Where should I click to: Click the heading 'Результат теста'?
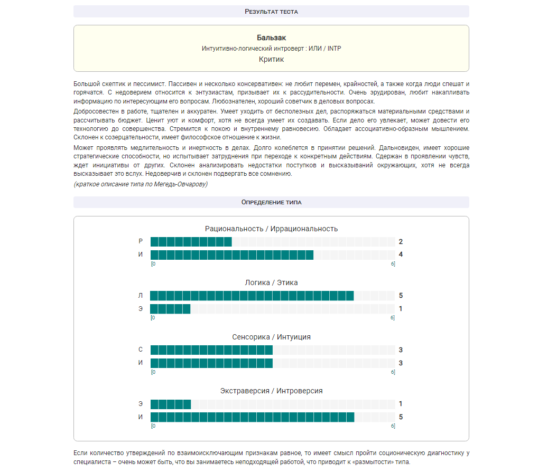click(x=271, y=11)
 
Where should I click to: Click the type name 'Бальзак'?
click(x=271, y=37)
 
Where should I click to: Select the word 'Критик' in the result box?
click(x=271, y=59)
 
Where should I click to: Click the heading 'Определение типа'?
click(x=271, y=202)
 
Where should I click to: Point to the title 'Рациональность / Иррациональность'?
click(x=271, y=229)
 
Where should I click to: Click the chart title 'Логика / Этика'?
click(x=271, y=282)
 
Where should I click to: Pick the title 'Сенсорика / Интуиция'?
click(x=271, y=337)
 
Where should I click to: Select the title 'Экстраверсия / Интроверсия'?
click(x=271, y=391)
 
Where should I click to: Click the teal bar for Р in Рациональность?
click(x=191, y=242)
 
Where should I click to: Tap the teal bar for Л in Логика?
click(x=252, y=296)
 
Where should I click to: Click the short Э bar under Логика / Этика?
click(x=170, y=309)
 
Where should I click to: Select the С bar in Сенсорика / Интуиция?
click(x=211, y=350)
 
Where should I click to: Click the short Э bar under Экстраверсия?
click(x=170, y=404)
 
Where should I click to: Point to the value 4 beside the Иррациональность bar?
click(x=401, y=255)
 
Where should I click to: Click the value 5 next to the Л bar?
click(x=401, y=296)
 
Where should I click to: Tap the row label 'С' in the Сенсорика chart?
click(x=141, y=350)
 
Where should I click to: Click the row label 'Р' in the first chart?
click(x=141, y=242)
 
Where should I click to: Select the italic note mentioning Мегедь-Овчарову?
click(x=141, y=184)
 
